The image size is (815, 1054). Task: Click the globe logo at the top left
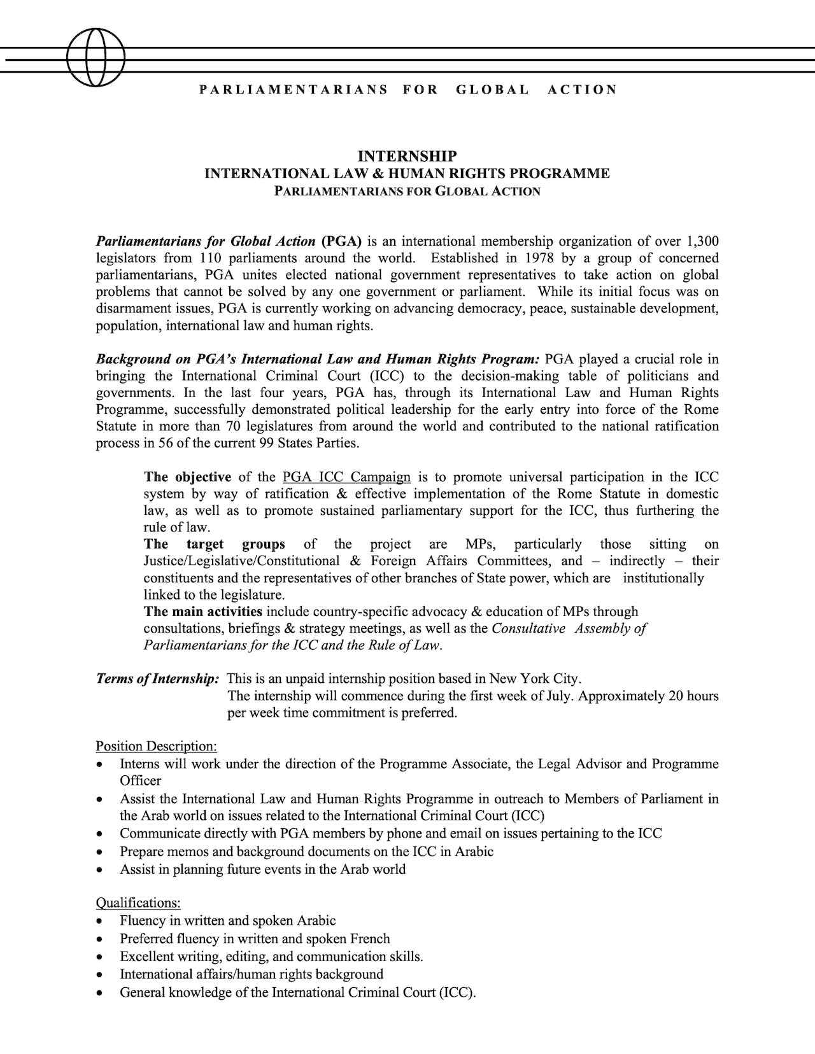96,57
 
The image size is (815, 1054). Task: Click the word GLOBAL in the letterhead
492,90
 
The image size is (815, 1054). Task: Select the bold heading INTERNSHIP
407,157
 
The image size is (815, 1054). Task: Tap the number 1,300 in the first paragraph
703,241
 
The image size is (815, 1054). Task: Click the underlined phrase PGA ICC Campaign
346,477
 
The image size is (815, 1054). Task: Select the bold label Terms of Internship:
157,679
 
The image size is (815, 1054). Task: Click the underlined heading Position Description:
156,746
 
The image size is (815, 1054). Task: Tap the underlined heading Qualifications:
138,903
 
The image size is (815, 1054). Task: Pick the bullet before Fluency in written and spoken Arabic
99,922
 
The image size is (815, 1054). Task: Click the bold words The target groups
214,544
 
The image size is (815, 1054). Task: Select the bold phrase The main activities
202,612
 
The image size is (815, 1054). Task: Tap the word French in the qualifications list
369,939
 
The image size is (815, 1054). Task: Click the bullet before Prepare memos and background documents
99,852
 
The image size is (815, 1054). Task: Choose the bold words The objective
187,477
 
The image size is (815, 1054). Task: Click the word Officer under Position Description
140,781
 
